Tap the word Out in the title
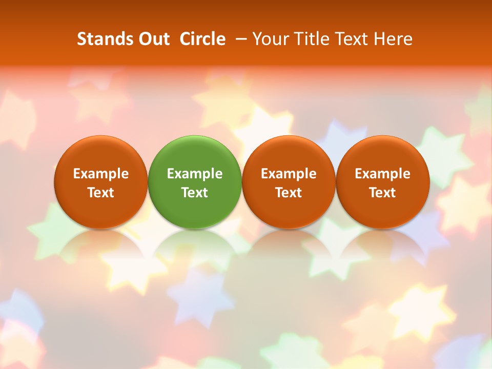pyautogui.click(x=153, y=39)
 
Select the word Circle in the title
pyautogui.click(x=202, y=39)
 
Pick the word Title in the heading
pyautogui.click(x=310, y=39)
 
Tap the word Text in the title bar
pyautogui.click(x=351, y=39)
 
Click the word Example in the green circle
pyautogui.click(x=195, y=174)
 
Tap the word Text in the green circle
pyautogui.click(x=195, y=193)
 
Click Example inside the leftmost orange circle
pyautogui.click(x=101, y=174)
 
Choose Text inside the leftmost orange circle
pyautogui.click(x=101, y=193)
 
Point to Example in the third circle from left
pyautogui.click(x=289, y=174)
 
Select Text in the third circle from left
pyautogui.click(x=289, y=193)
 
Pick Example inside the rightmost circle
pyautogui.click(x=382, y=174)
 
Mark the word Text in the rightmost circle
pyautogui.click(x=382, y=193)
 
